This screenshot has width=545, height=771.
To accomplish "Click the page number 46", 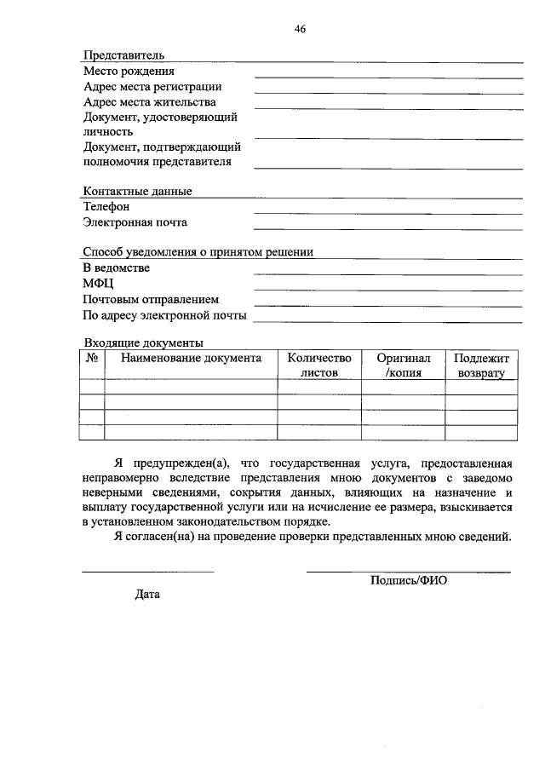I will pos(300,29).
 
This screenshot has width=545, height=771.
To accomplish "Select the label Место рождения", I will pos(129,72).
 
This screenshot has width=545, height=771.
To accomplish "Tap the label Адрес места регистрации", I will pos(152,87).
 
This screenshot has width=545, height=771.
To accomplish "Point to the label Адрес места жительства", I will pos(150,102).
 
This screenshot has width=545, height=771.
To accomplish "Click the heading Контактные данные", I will pos(137,192).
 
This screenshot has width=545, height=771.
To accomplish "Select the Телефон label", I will pos(106,207).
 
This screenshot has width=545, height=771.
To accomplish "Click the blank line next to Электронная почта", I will pos(388,228).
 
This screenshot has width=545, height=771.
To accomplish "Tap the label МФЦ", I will pos(99,284).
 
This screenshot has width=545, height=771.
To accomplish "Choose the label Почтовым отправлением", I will pos(151,300).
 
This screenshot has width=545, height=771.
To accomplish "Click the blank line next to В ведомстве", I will pos(388,274).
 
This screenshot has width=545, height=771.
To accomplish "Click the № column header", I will pos(92,359).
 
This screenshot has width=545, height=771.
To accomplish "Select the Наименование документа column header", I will pos(191,359).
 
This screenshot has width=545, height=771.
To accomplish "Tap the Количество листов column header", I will pos(319,365).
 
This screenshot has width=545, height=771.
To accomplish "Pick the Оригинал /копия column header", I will pos(404,365).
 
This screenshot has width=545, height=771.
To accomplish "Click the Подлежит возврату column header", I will pos(481,365).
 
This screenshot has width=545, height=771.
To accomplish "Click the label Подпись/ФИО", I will pos(409,579).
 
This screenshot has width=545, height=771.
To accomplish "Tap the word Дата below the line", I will pos(147,595).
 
